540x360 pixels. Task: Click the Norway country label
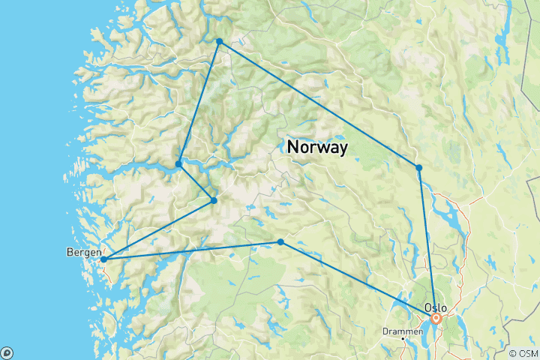click(x=317, y=148)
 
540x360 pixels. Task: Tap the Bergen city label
click(x=82, y=252)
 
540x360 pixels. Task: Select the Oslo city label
click(x=435, y=307)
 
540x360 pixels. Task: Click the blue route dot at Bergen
click(x=104, y=259)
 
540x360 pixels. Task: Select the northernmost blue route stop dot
click(x=219, y=41)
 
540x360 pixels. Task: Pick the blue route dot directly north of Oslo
click(x=419, y=167)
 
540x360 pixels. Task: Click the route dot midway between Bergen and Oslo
click(x=280, y=242)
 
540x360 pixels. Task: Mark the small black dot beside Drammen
click(x=404, y=338)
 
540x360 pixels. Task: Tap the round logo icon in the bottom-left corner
click(x=7, y=352)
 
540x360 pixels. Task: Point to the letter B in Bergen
click(x=68, y=252)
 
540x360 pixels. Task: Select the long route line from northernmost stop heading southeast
click(x=319, y=104)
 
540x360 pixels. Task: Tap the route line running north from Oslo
click(x=427, y=240)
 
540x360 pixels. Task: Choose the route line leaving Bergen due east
click(x=192, y=250)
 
